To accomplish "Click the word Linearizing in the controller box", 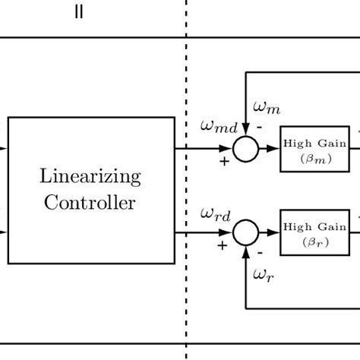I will tap(90, 178).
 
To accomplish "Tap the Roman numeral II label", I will tap(78, 14).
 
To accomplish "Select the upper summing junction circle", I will tap(245, 149).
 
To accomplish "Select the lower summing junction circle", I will tap(245, 231).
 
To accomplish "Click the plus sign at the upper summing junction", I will tap(223, 162).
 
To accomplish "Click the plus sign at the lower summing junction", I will tap(222, 245).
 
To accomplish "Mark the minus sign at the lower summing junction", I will tap(259, 252).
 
